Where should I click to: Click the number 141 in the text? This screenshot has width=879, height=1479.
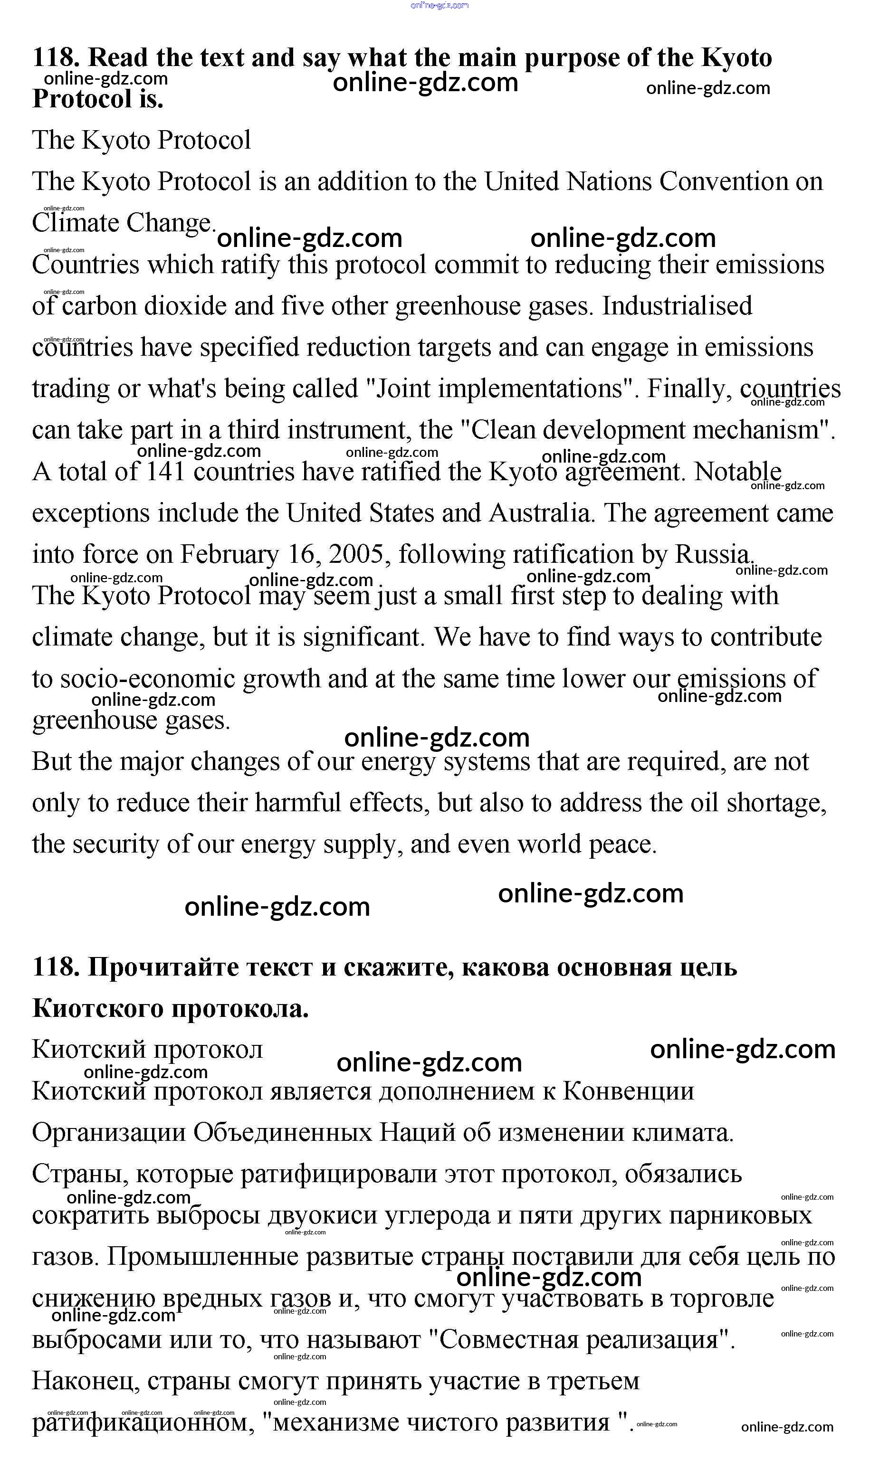click(166, 472)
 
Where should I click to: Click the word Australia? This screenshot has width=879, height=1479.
click(540, 513)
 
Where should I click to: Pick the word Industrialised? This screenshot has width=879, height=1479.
click(677, 306)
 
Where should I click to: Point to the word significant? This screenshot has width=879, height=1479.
click(363, 638)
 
